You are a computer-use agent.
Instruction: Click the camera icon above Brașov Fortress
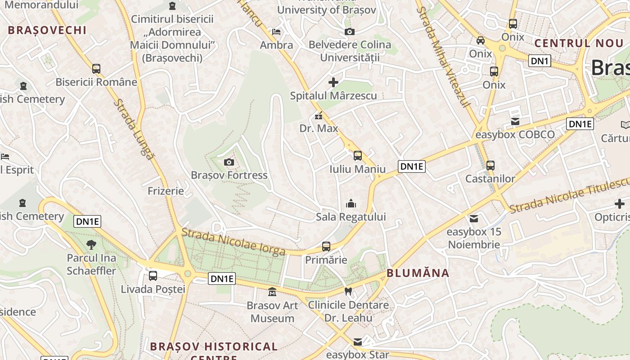[x=229, y=162]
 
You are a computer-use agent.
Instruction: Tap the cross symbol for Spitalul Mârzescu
[x=333, y=82]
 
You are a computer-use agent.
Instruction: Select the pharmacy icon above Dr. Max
[x=319, y=116]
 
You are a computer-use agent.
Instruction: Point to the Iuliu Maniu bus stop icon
[x=358, y=156]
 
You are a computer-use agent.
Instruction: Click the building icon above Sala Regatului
[x=351, y=204]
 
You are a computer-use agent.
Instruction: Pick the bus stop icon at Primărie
[x=326, y=247]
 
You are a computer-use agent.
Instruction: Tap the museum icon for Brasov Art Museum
[x=272, y=292]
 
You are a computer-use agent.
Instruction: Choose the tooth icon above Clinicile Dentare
[x=348, y=292]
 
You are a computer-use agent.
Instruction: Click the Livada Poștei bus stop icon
[x=153, y=275]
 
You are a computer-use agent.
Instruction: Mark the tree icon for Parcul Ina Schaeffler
[x=91, y=245]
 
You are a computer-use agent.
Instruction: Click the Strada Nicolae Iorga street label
[x=233, y=242]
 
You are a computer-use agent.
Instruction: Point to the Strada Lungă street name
[x=133, y=129]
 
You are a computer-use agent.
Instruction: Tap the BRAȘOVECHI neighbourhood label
[x=47, y=30]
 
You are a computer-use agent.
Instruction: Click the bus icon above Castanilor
[x=490, y=165]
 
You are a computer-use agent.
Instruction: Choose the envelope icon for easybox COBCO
[x=515, y=121]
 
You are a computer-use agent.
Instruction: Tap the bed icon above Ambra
[x=276, y=32]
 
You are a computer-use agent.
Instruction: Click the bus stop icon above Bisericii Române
[x=96, y=69]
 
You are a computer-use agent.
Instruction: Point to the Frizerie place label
[x=166, y=191]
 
